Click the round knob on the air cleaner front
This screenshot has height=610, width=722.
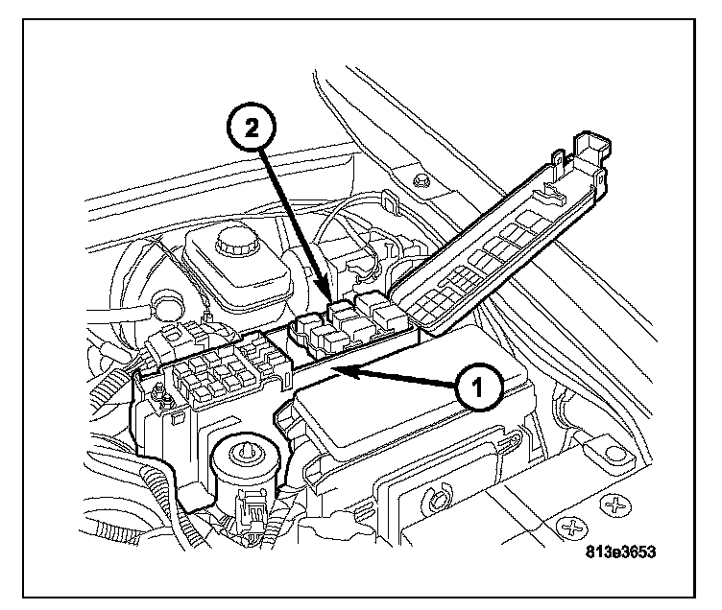point(436,497)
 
